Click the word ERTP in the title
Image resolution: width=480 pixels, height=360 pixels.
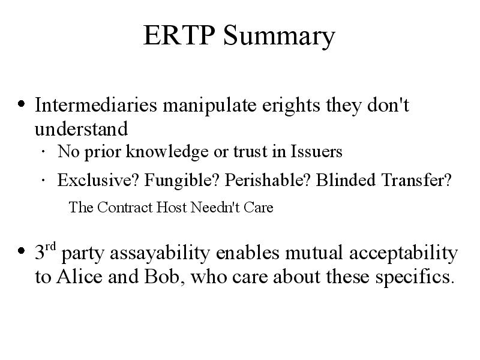point(179,35)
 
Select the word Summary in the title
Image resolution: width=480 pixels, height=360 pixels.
point(279,37)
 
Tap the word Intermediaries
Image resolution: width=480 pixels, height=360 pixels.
point(96,105)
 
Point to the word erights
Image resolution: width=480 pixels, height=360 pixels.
point(291,107)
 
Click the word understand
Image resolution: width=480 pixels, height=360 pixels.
point(81,129)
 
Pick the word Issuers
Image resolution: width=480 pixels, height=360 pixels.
point(316,151)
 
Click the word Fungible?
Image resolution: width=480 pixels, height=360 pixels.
point(182,181)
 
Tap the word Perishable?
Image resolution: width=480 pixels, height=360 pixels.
point(268,179)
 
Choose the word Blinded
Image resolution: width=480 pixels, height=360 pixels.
point(346,179)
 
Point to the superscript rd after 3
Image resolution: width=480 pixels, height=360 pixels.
point(50,246)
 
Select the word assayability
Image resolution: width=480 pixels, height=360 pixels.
point(160,254)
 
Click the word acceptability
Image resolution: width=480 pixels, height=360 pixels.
point(403,254)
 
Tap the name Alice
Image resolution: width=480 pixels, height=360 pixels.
point(79,277)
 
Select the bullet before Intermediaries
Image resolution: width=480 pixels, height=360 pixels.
point(21,104)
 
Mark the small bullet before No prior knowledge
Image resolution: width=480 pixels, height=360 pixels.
point(43,151)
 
